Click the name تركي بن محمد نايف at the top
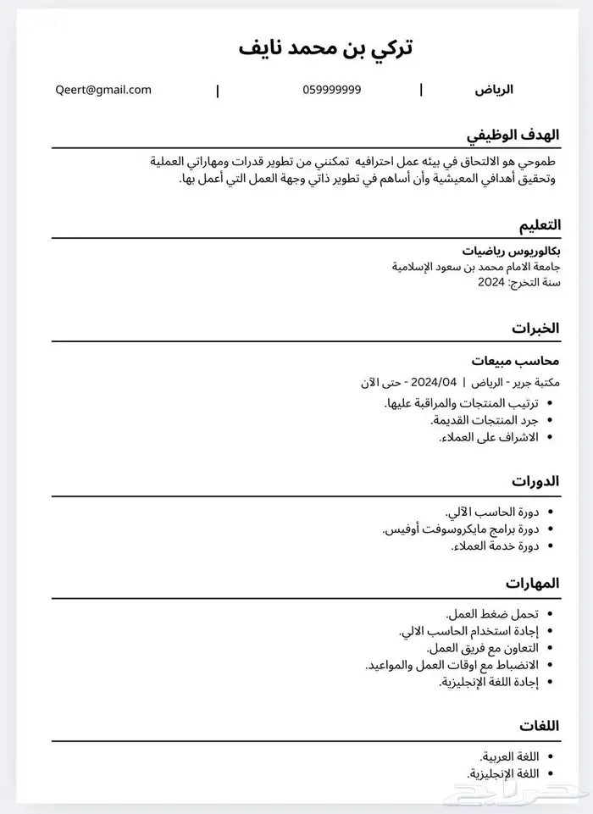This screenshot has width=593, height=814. tap(326, 47)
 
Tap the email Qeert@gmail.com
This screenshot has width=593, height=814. tap(103, 89)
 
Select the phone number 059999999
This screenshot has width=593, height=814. tap(331, 90)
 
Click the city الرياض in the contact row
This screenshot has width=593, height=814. tap(493, 90)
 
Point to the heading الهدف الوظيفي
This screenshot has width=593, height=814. tap(514, 135)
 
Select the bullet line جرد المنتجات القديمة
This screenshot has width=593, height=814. tap(479, 420)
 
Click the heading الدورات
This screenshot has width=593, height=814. tap(536, 481)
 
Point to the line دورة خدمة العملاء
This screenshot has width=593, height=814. tap(490, 546)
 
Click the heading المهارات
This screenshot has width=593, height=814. tap(533, 584)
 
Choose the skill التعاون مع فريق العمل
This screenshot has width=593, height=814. tap(479, 648)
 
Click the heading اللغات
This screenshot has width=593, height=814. tap(539, 726)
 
